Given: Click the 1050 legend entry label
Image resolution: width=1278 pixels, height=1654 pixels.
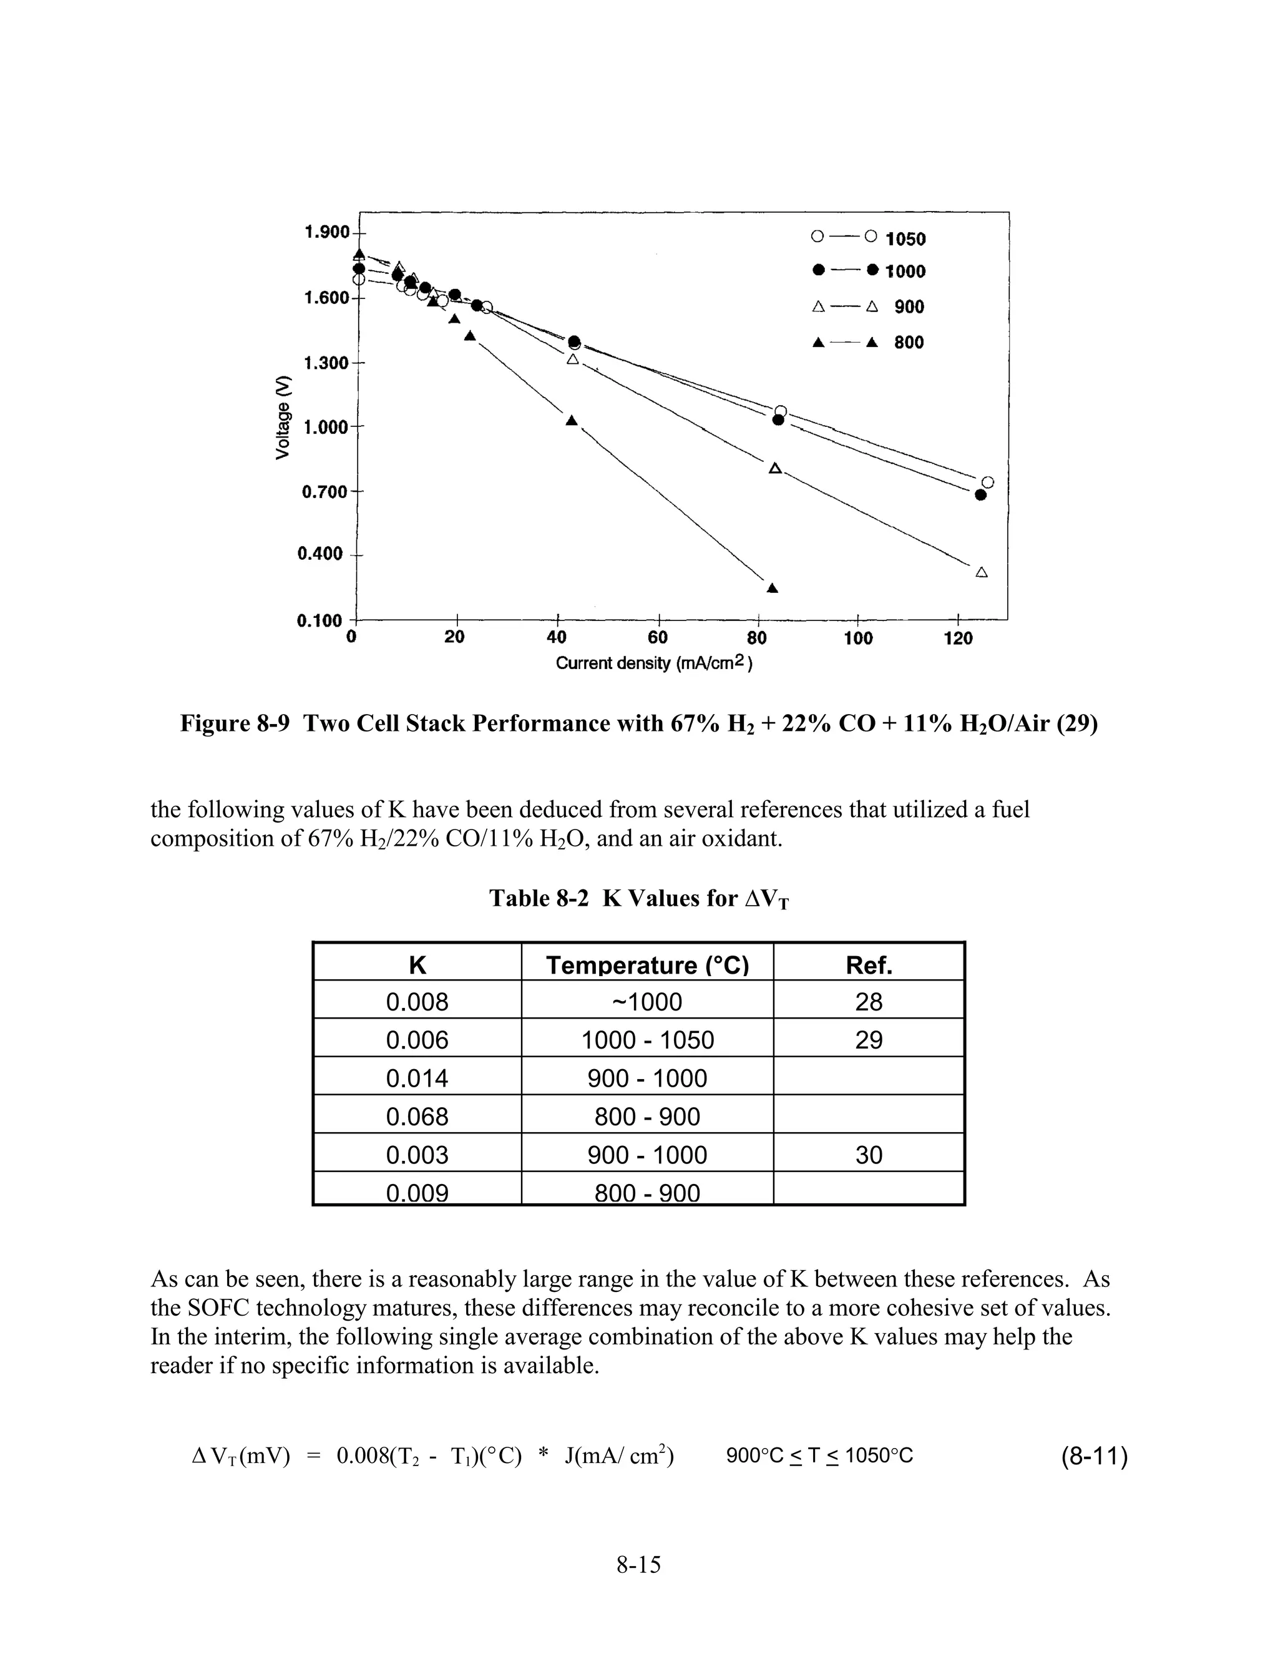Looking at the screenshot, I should pyautogui.click(x=905, y=239).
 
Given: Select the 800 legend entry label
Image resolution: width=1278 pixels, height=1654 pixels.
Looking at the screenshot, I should pyautogui.click(x=909, y=342).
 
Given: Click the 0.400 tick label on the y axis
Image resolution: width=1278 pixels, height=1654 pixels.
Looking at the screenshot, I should pyautogui.click(x=319, y=554).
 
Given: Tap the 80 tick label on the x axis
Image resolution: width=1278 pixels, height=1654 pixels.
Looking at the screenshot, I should pyautogui.click(x=756, y=639).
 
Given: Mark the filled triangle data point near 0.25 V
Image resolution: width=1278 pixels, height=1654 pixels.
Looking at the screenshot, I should pyautogui.click(x=773, y=588).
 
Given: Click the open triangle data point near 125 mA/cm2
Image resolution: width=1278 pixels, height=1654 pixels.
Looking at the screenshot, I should pyautogui.click(x=981, y=572).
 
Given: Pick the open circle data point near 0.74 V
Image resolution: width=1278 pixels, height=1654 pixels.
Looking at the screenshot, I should pyautogui.click(x=987, y=482).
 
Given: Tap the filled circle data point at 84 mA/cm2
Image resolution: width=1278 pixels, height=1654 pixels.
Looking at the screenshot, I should pyautogui.click(x=778, y=419).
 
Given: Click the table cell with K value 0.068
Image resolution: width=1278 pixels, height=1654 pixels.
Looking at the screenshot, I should pyautogui.click(x=417, y=1117).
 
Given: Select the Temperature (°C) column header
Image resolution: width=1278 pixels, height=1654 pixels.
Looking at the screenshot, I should pyautogui.click(x=646, y=965).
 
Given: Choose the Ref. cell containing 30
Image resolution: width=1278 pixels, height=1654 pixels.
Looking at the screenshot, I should pyautogui.click(x=869, y=1155).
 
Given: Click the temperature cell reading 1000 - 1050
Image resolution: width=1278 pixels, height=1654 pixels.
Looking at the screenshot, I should pyautogui.click(x=646, y=1040).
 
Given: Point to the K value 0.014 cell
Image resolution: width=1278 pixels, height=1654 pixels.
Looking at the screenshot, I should pyautogui.click(x=417, y=1079).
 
